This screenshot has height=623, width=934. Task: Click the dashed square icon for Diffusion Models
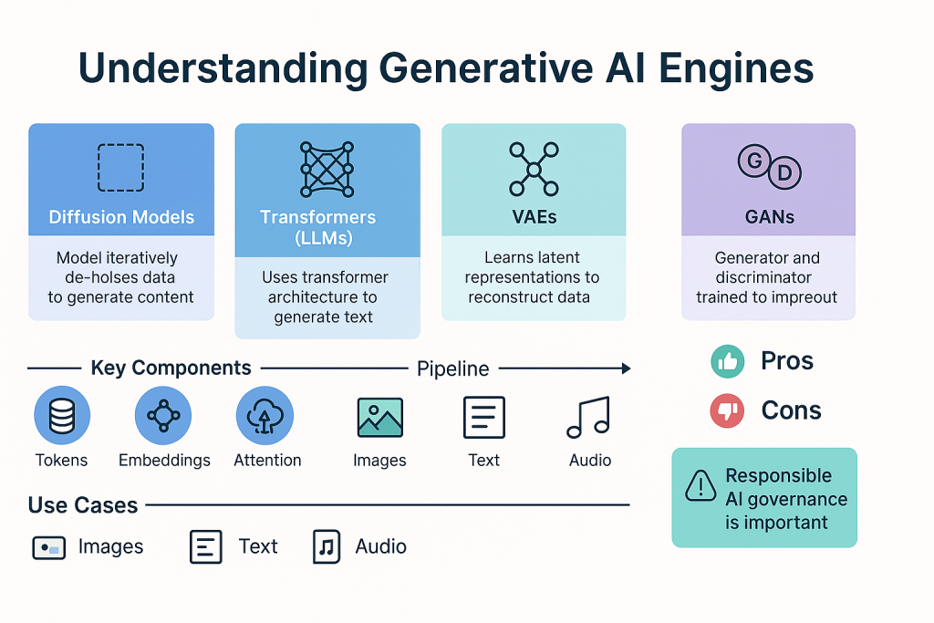click(x=99, y=167)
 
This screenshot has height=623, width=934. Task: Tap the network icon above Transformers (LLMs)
click(x=327, y=169)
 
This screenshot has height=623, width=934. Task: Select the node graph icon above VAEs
click(x=534, y=170)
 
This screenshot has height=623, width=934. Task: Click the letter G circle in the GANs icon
click(x=754, y=161)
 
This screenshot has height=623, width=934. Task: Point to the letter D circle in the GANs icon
click(x=784, y=172)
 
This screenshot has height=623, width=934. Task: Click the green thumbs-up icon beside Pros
click(x=727, y=361)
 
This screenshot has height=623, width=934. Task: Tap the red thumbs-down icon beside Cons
click(x=727, y=410)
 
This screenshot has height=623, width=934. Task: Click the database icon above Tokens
click(x=62, y=415)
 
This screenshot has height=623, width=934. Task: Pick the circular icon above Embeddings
click(x=163, y=415)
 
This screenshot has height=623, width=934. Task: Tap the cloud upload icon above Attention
click(x=265, y=415)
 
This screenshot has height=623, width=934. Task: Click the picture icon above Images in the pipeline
click(x=380, y=417)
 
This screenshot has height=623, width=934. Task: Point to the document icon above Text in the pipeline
click(x=484, y=417)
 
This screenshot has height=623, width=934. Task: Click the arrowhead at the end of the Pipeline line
click(x=626, y=369)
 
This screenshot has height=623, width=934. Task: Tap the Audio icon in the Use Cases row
click(x=327, y=546)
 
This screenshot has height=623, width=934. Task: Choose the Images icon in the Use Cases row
click(x=49, y=548)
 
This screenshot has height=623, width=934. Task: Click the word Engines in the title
click(x=736, y=68)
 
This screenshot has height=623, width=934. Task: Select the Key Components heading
click(x=171, y=369)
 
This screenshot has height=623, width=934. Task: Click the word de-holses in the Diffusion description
click(x=119, y=277)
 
